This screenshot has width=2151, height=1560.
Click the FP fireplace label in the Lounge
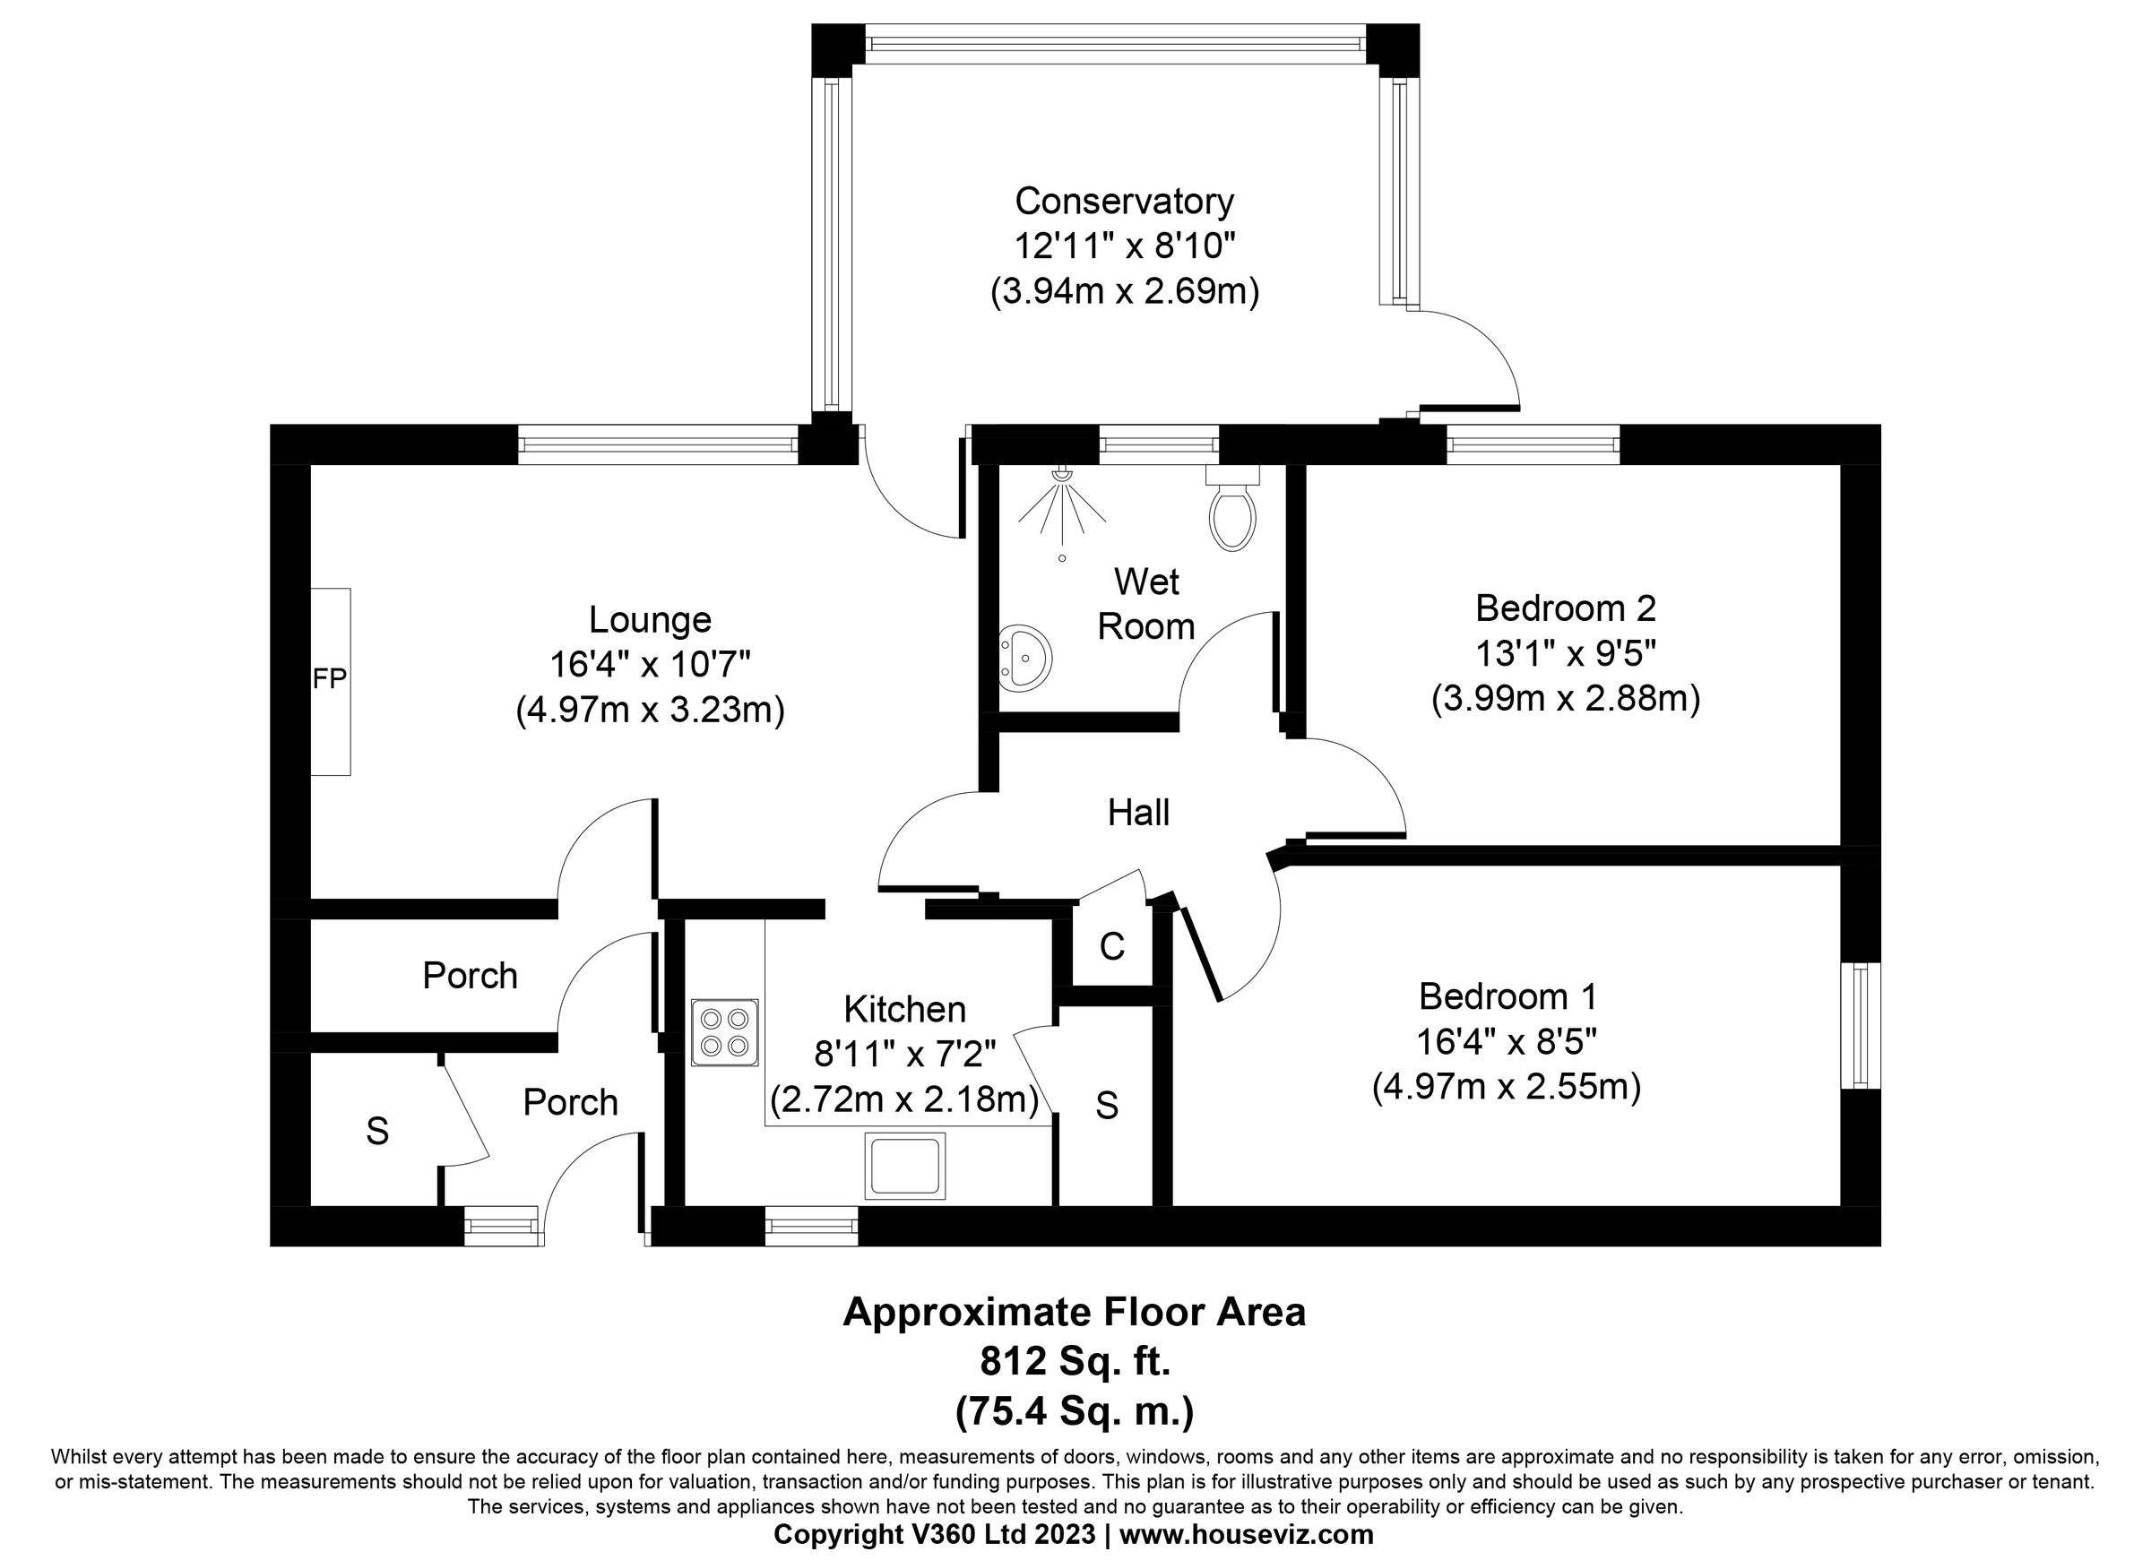click(x=329, y=679)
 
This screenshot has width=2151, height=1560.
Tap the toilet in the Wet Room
click(x=1232, y=513)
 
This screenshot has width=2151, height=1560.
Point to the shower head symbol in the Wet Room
click(x=1062, y=503)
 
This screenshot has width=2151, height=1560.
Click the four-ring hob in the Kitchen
click(x=724, y=1033)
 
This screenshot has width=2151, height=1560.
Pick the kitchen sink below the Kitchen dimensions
click(x=905, y=1166)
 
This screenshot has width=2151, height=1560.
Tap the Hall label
click(x=1138, y=813)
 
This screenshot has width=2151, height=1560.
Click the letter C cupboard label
click(x=1111, y=946)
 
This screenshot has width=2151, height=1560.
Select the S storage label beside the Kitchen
click(x=1107, y=1106)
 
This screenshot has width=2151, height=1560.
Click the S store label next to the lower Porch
click(x=377, y=1132)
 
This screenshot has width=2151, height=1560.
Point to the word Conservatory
click(x=1124, y=201)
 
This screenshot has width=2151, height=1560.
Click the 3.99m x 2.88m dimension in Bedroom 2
click(x=1565, y=699)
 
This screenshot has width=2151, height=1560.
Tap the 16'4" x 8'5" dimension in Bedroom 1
click(x=1506, y=1042)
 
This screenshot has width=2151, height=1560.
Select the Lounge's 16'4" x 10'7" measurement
click(x=650, y=665)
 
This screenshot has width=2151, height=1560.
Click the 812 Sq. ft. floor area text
click(x=1075, y=1363)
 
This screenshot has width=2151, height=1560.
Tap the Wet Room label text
click(x=1145, y=604)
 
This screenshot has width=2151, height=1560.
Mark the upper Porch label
click(x=470, y=976)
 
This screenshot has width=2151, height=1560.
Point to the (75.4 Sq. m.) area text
click(x=1075, y=1412)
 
